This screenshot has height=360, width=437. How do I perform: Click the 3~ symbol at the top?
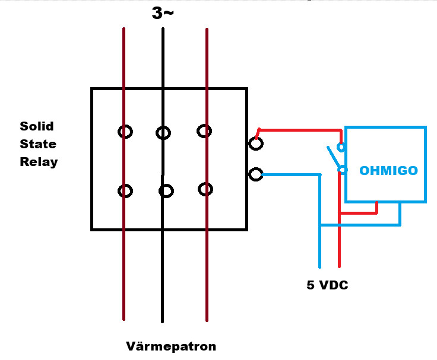click(163, 13)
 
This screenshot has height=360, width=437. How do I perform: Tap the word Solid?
click(36, 126)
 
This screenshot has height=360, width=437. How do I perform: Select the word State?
click(38, 144)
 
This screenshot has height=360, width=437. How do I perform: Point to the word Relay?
click(39, 162)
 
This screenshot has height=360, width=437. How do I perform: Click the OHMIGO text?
click(388, 170)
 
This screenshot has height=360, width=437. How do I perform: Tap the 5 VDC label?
click(327, 285)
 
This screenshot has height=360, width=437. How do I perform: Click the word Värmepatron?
click(171, 346)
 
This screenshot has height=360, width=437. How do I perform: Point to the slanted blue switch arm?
click(333, 158)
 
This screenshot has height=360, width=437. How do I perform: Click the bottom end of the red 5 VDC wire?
click(339, 267)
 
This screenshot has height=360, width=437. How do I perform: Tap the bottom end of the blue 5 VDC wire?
click(319, 267)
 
